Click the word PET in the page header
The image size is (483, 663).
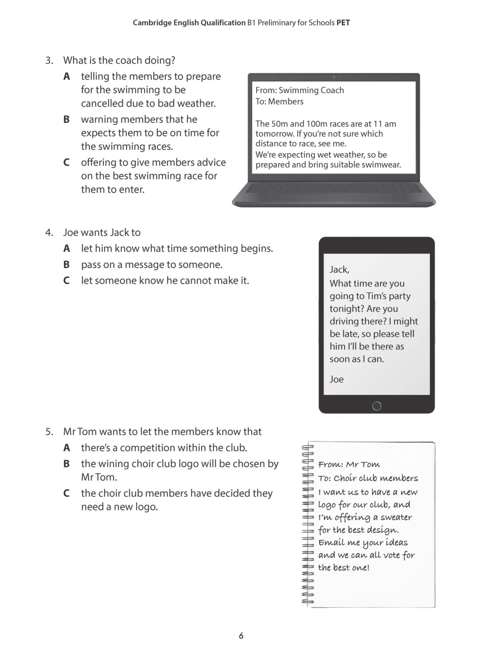(x=343, y=23)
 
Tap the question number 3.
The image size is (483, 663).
(x=49, y=60)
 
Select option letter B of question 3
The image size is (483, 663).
(x=66, y=119)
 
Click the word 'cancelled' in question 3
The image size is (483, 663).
(x=102, y=103)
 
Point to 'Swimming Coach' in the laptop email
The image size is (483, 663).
(x=311, y=90)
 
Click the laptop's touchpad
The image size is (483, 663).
(x=309, y=197)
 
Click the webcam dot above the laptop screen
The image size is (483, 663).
(x=334, y=77)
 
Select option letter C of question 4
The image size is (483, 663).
(x=66, y=281)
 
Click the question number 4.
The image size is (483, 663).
(x=49, y=232)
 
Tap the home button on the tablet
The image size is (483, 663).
(x=376, y=406)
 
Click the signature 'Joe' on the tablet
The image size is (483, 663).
(x=337, y=379)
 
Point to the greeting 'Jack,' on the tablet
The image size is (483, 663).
(x=339, y=270)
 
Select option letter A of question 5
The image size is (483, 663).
(x=66, y=448)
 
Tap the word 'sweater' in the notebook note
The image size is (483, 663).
(x=396, y=517)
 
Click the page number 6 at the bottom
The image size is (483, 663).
(x=241, y=636)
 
